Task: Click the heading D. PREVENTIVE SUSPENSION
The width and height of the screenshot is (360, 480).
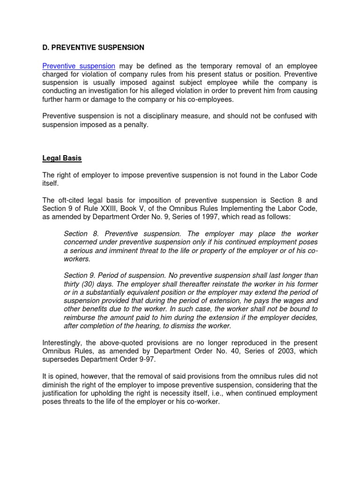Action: (93, 47)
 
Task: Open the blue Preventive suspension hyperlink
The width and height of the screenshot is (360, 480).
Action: (79, 66)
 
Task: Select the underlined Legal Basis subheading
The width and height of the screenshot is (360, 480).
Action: (62, 158)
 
